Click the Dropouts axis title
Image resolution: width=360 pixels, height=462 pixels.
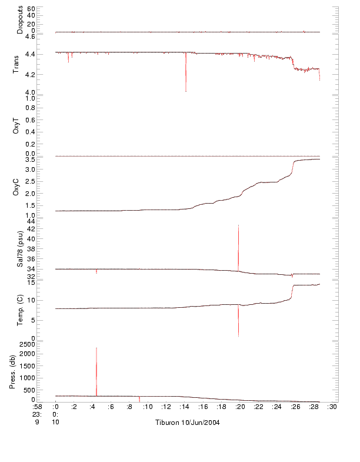[20, 20]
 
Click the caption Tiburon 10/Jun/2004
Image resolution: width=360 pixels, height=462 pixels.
[188, 423]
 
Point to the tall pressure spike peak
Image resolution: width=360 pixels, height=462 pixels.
[96, 348]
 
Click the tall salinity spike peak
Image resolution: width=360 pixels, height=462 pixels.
[238, 225]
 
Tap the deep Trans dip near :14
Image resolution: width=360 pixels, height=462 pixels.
[186, 91]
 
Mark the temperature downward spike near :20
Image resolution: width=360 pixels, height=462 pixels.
[238, 335]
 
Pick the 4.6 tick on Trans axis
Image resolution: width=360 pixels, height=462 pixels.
[30, 36]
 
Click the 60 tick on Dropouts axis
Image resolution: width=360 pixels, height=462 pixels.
[32, 9]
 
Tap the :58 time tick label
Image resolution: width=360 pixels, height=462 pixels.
[37, 406]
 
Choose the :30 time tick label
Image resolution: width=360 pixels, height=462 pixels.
[332, 406]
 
